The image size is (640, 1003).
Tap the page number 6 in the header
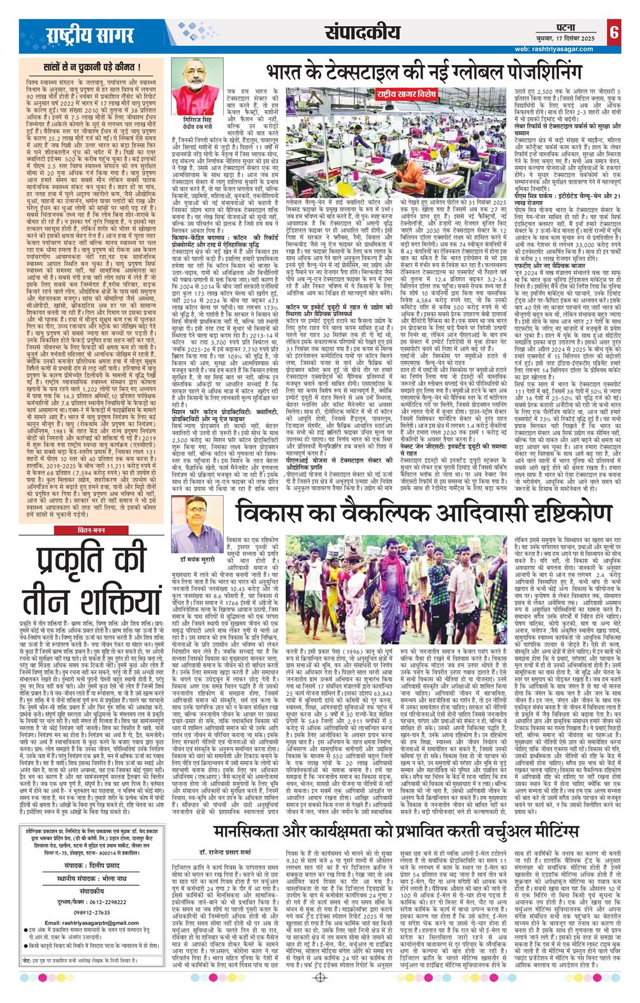613,31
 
